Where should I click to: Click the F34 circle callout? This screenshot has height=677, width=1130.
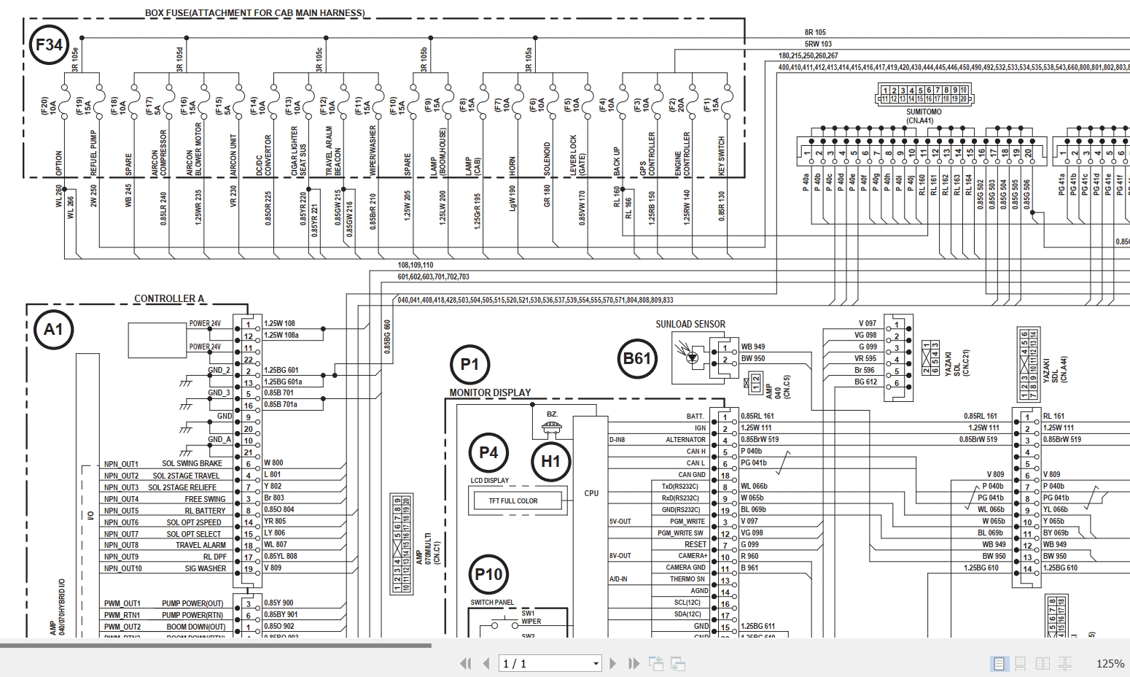tap(49, 45)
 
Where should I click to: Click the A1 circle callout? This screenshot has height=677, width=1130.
tap(54, 330)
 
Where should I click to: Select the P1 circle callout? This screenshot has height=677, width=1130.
tap(469, 364)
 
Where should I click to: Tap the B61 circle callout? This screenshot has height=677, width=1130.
tap(636, 358)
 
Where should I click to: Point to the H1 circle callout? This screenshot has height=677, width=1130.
tap(550, 461)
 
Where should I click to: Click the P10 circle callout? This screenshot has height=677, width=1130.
tap(488, 574)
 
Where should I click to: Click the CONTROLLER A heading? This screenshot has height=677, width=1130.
tap(169, 298)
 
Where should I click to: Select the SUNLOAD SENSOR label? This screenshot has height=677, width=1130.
tap(690, 324)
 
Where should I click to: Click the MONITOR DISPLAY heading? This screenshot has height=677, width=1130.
tap(490, 392)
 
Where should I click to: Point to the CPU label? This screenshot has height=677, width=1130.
tap(591, 493)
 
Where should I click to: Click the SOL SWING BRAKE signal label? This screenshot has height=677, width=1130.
tap(192, 464)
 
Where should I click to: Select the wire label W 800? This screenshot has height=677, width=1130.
tap(273, 463)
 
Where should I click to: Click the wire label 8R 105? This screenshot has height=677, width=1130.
tap(815, 33)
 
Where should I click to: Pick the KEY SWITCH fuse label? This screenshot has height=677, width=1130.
tap(722, 155)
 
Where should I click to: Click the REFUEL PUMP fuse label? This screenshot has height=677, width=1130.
tap(93, 153)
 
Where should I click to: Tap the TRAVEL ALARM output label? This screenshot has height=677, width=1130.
tap(200, 545)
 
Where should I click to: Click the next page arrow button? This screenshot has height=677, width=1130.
tap(613, 663)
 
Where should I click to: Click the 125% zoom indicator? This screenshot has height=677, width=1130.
tap(1110, 663)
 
